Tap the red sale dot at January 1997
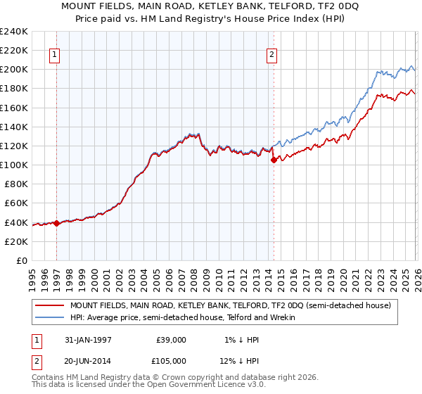[x=56, y=223]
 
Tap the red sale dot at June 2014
[x=274, y=160]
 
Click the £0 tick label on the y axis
[x=21, y=260]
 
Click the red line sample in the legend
[x=50, y=305]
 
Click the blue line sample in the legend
[x=50, y=318]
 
